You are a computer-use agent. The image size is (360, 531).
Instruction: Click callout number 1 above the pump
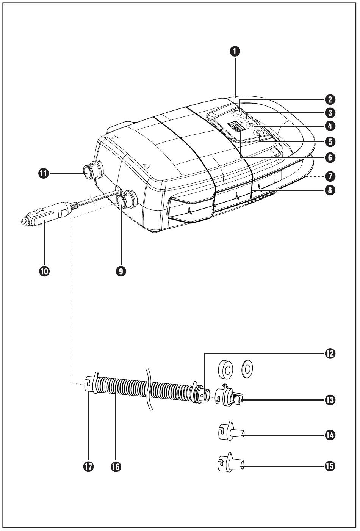(235, 52)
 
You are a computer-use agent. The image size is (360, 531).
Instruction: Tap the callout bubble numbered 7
(330, 176)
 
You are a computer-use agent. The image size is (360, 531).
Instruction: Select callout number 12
(330, 353)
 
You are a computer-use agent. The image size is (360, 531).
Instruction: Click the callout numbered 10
(44, 271)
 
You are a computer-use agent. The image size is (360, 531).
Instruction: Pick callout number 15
(330, 466)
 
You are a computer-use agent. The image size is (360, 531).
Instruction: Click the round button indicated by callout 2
(236, 113)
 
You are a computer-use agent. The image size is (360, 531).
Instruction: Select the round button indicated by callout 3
(243, 120)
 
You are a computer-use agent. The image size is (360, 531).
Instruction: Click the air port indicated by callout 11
(92, 170)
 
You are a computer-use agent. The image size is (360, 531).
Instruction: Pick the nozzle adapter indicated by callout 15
(231, 465)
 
